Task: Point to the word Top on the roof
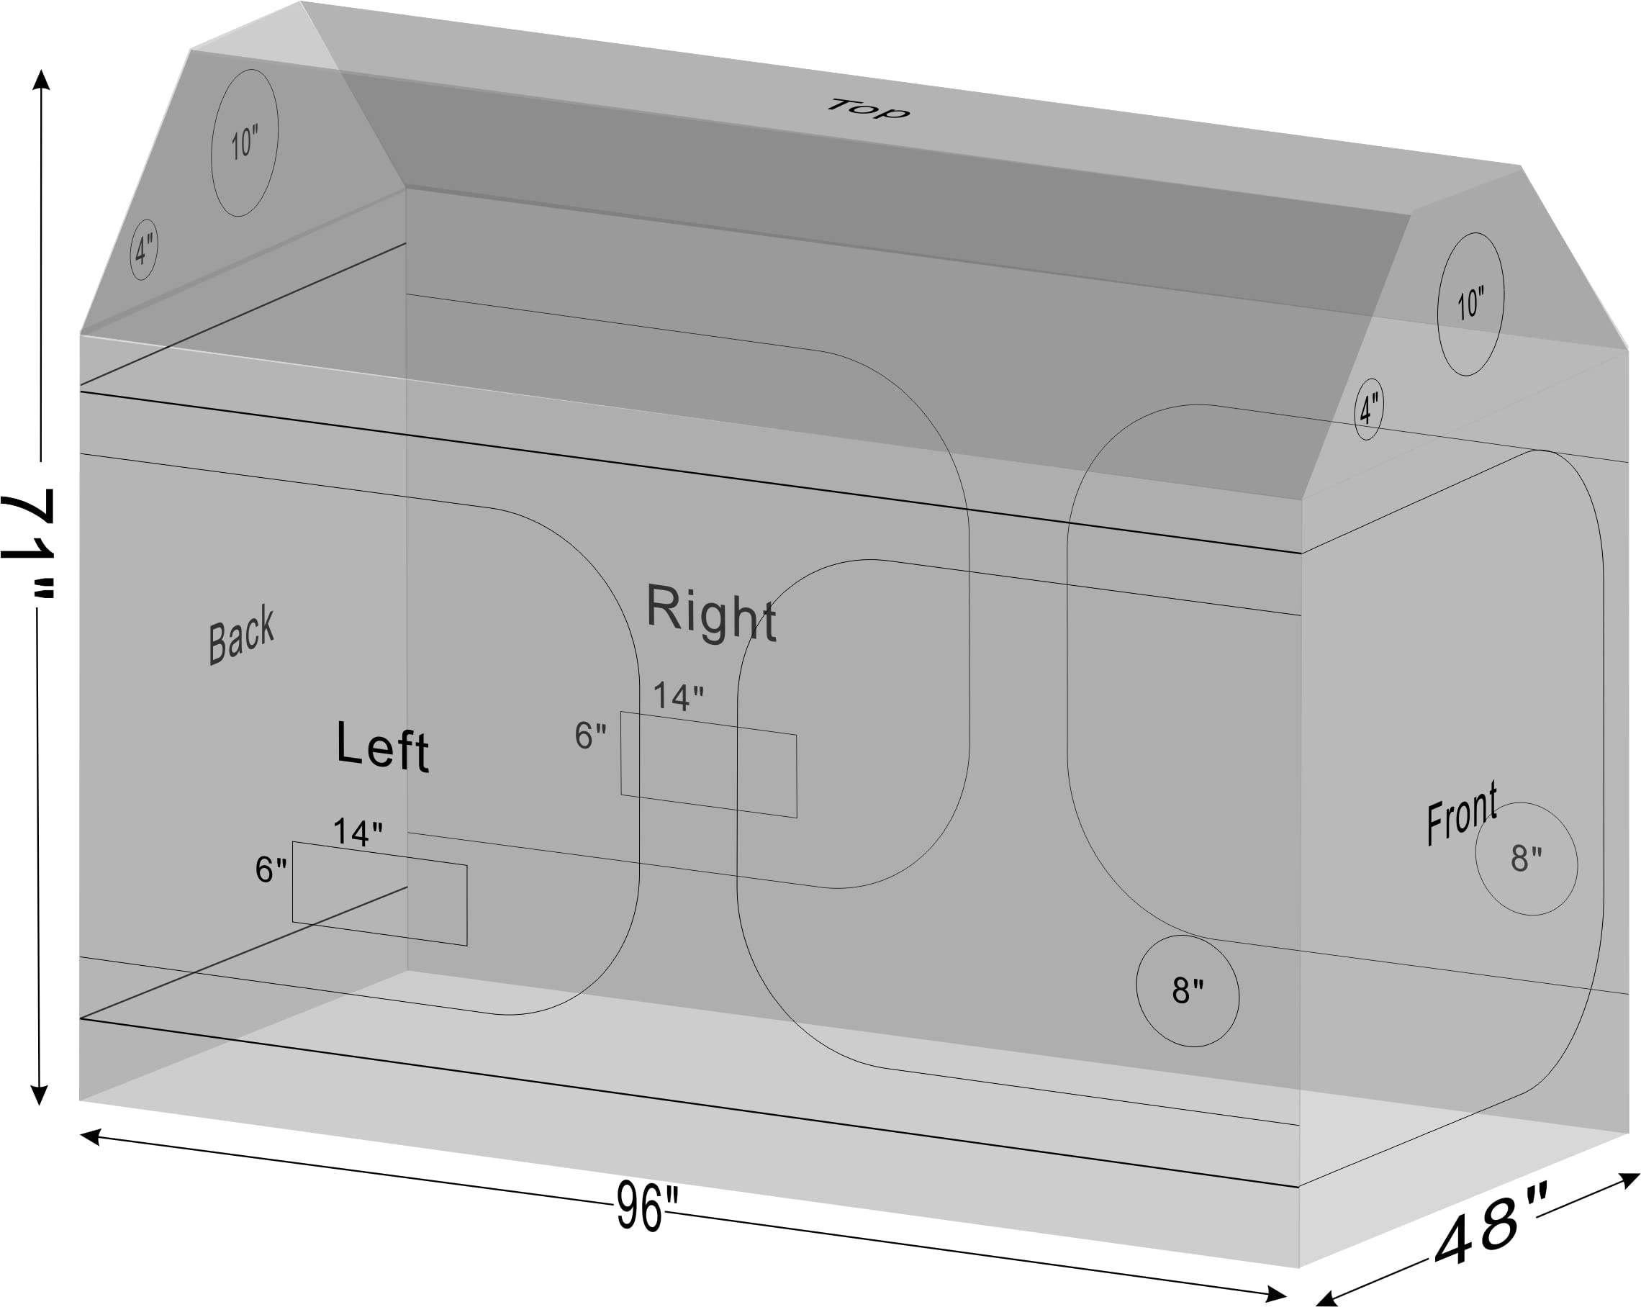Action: [868, 109]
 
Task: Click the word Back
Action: [241, 634]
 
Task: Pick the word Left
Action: [383, 747]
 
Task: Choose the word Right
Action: [712, 612]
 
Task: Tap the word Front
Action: [1461, 813]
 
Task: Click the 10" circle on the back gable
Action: [244, 143]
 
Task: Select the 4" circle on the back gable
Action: [144, 250]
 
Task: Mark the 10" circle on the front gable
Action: [1470, 304]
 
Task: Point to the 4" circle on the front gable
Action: [1368, 409]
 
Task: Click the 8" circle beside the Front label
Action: [1526, 859]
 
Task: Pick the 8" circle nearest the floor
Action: [1188, 990]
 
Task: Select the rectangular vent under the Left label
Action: [380, 894]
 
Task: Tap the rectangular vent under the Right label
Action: [709, 764]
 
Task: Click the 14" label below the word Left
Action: [358, 832]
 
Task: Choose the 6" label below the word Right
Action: [591, 736]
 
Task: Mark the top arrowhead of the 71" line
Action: [41, 78]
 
